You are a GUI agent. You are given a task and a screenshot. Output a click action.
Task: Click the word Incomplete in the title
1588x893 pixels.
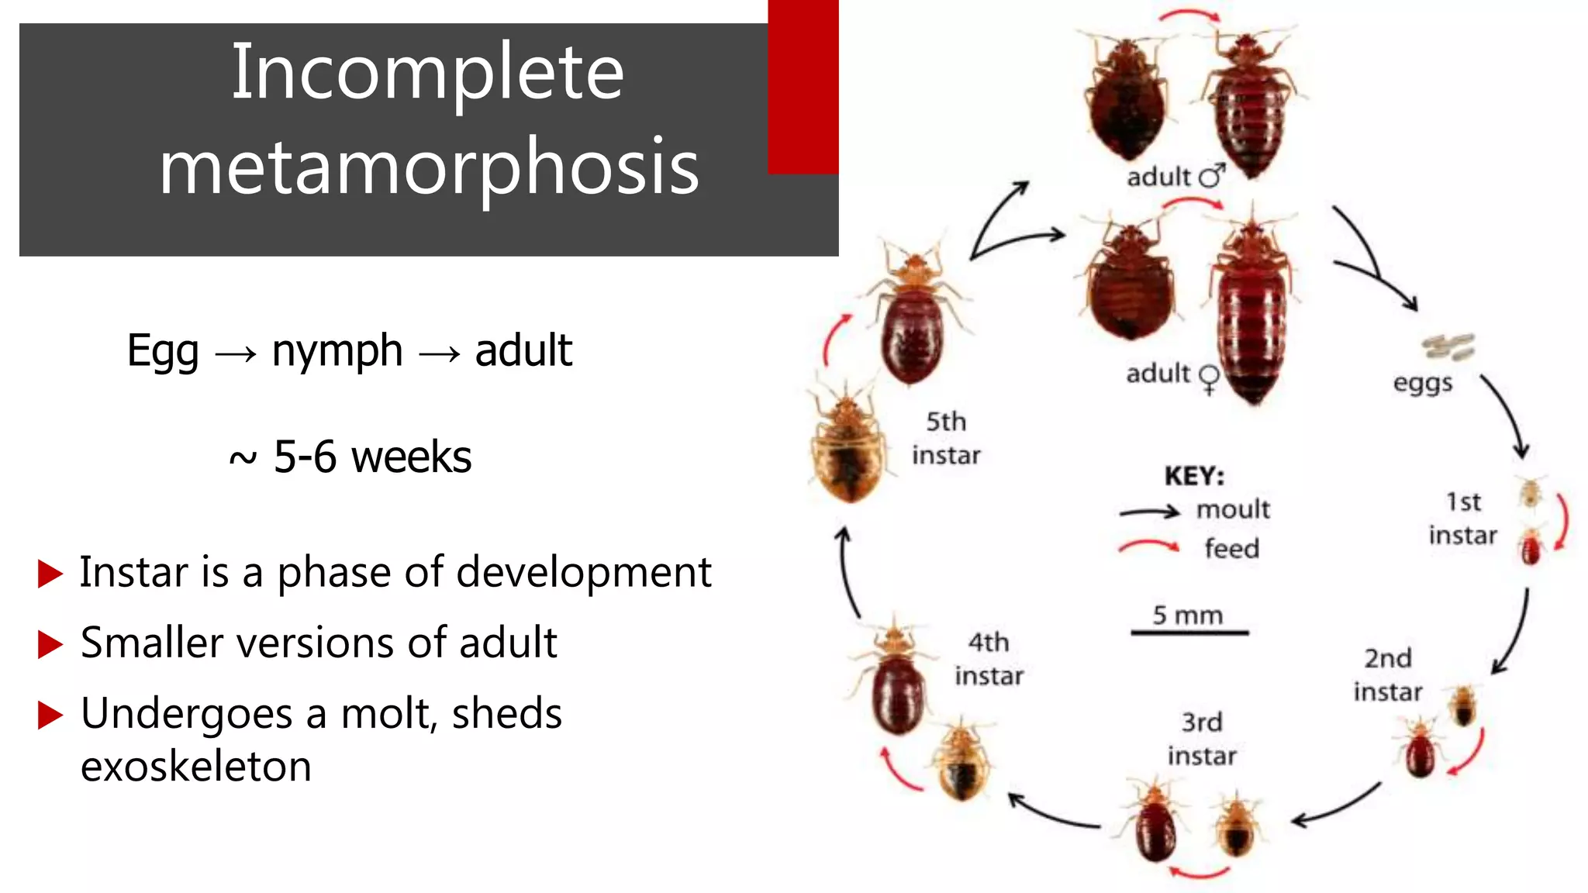point(427,72)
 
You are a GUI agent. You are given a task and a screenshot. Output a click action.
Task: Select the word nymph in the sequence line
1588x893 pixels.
point(337,351)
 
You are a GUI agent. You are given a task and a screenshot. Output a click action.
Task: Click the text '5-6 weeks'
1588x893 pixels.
point(372,457)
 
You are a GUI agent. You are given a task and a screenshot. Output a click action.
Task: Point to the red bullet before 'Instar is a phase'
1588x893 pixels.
point(50,574)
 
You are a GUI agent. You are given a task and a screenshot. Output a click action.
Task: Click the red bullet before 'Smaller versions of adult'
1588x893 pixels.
point(50,644)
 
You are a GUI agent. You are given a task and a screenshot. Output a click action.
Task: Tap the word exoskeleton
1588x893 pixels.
point(195,767)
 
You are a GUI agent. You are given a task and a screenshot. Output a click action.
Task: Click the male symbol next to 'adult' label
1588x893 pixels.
point(1212,176)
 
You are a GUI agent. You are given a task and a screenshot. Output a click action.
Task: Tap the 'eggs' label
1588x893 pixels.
point(1422,383)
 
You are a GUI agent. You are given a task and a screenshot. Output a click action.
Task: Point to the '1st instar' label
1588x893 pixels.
point(1462,519)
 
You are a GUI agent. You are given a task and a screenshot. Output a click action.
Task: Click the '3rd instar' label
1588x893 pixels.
point(1202,739)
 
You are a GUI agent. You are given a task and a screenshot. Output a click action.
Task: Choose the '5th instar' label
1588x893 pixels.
point(946,438)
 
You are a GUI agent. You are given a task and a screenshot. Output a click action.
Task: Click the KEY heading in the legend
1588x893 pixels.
point(1194,475)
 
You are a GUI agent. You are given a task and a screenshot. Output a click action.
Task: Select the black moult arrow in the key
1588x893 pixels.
point(1150,512)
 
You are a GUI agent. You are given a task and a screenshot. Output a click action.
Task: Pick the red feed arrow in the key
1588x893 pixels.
point(1149,546)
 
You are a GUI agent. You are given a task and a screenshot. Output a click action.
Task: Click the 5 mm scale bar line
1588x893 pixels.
point(1189,633)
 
